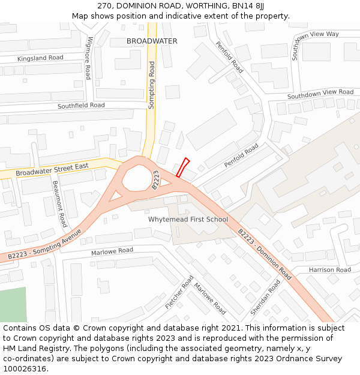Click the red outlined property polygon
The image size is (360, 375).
click(x=182, y=167)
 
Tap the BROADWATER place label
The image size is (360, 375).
click(x=152, y=41)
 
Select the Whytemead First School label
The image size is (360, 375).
click(x=188, y=220)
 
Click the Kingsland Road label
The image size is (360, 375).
click(x=40, y=58)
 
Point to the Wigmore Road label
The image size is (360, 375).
click(x=89, y=58)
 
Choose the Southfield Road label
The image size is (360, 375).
click(x=81, y=106)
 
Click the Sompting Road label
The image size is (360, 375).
click(x=152, y=85)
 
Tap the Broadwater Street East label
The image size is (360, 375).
click(x=52, y=169)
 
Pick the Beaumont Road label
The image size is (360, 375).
click(x=59, y=203)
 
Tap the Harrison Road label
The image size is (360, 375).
click(x=329, y=270)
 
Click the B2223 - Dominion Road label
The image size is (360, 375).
click(x=265, y=254)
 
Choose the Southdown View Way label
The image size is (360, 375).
click(x=314, y=44)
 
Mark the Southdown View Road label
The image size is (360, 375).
click(x=320, y=94)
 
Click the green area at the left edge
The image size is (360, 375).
click(x=13, y=304)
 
